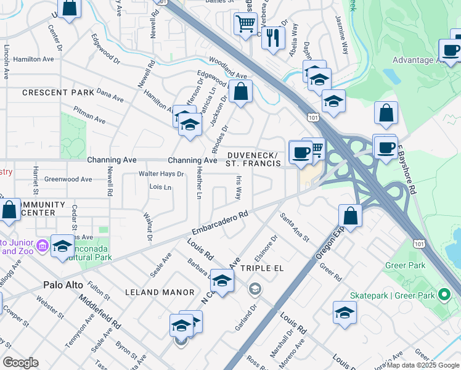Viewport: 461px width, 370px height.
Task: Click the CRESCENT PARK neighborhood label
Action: coord(58,92)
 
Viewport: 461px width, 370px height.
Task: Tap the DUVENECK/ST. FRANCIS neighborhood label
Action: coord(253,159)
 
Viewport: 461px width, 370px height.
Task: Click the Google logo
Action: coord(20,363)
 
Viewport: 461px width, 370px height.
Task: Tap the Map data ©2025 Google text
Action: coord(422,365)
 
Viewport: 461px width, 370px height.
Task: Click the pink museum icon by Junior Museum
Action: coord(42,246)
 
